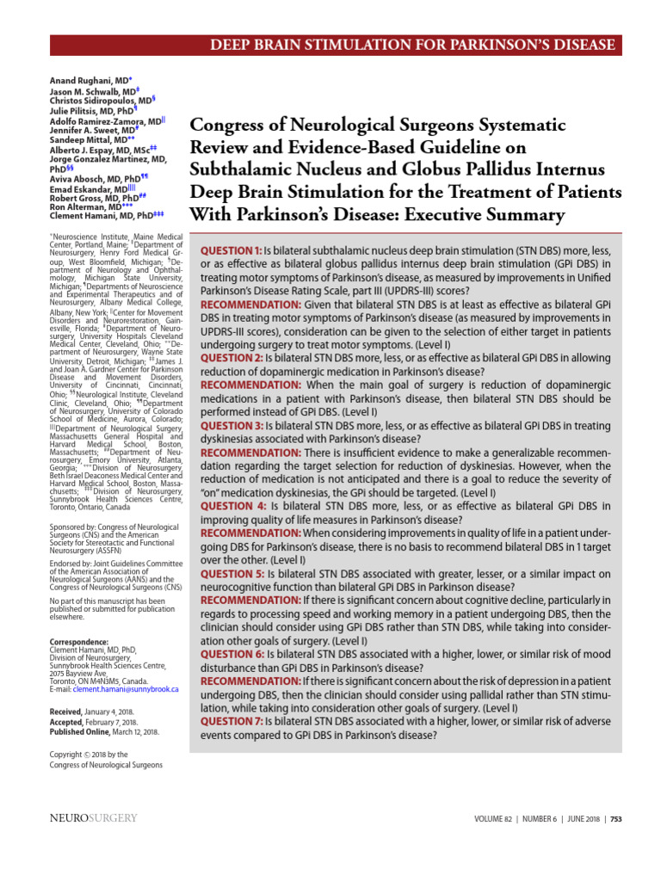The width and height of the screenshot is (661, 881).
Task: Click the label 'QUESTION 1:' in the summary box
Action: [x=232, y=250]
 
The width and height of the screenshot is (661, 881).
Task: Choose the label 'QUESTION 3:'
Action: [x=232, y=424]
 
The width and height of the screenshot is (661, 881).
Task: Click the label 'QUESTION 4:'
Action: [x=233, y=507]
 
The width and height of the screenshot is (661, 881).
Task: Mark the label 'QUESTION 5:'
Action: [x=232, y=573]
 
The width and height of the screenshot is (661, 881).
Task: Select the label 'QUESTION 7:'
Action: [x=232, y=721]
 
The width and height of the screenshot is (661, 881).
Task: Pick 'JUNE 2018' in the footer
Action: [x=584, y=819]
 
